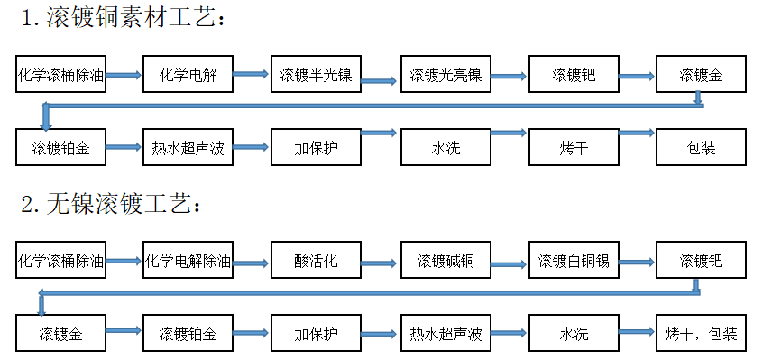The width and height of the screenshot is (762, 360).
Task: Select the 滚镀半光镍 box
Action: tap(316, 74)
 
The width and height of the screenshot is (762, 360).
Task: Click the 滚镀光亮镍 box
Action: tap(445, 74)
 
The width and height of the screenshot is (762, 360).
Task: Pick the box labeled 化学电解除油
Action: tap(188, 260)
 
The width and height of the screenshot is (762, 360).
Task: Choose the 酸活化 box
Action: tap(316, 260)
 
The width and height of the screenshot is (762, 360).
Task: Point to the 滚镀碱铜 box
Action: tap(445, 260)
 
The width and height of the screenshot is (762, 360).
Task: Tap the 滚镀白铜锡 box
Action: tap(574, 260)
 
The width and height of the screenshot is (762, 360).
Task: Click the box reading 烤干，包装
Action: tap(701, 333)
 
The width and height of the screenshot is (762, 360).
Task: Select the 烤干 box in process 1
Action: tap(574, 147)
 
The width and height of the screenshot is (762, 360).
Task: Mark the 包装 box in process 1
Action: tap(701, 147)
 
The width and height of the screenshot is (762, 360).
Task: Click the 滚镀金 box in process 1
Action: tap(701, 74)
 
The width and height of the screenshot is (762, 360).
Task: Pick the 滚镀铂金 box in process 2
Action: tap(188, 333)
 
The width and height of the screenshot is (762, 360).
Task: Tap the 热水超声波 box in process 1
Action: tap(188, 147)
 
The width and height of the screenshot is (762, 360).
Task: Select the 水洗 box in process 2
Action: tap(574, 333)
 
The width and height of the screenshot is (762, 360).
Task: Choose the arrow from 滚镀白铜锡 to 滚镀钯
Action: tap(637, 263)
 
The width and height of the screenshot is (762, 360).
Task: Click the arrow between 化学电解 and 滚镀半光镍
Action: tap(251, 74)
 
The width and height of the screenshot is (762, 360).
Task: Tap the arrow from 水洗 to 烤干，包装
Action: tap(637, 332)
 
